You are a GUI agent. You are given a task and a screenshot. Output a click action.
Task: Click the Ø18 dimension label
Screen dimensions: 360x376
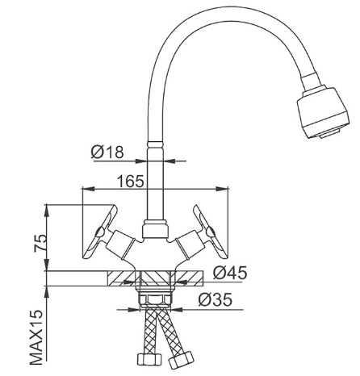[107, 152]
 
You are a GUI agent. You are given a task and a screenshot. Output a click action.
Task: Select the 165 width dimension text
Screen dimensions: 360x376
[131, 181]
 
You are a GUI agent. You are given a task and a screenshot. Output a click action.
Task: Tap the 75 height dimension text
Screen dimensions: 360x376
[40, 243]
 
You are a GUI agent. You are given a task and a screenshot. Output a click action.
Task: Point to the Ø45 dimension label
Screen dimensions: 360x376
[230, 273]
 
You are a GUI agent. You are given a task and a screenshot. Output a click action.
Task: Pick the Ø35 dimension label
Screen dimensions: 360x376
[215, 299]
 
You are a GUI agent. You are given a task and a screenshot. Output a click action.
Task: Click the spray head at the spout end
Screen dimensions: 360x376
[322, 112]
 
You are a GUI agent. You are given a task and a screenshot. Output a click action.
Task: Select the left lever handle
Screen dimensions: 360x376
[100, 232]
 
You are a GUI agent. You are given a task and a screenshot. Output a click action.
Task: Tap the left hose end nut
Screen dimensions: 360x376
[149, 359]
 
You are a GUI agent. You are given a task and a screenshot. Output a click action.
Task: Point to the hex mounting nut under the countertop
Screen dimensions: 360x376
[156, 300]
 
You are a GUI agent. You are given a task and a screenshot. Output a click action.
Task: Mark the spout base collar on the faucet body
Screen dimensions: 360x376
[155, 229]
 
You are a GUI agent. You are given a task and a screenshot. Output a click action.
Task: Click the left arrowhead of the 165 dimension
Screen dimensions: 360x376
[88, 189]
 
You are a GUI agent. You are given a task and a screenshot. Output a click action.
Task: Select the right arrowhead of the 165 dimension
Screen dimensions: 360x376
[223, 189]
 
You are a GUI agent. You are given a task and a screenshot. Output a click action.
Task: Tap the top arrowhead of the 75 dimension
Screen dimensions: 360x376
[47, 211]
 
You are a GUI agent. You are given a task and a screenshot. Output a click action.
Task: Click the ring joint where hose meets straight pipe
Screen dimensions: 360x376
[155, 144]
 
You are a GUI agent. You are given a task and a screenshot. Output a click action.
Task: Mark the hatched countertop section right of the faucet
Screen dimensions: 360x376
[188, 279]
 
